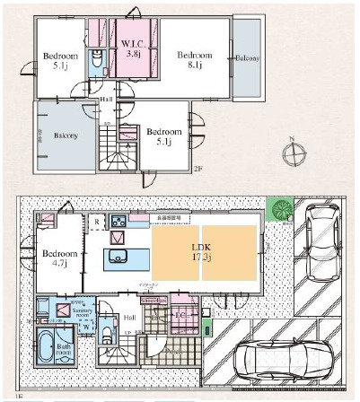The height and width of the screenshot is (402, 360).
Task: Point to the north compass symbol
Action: point(293,153)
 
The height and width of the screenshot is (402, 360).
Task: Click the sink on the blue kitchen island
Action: point(118,258)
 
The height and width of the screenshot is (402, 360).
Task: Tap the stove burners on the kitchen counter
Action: point(118,220)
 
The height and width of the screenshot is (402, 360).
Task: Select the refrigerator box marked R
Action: point(96,220)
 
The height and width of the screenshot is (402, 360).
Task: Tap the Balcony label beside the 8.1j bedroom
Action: point(248,58)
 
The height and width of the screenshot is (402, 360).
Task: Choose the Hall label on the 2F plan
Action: point(106,100)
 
